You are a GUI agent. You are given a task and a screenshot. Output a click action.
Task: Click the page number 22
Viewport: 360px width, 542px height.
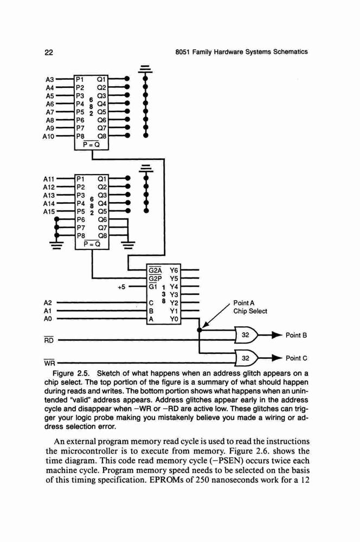(49, 53)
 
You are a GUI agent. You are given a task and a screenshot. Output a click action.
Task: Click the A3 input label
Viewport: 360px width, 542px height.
(50, 80)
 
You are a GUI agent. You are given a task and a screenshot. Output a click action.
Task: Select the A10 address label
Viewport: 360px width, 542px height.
(48, 137)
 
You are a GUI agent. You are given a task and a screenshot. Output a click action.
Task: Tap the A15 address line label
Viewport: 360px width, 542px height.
(49, 211)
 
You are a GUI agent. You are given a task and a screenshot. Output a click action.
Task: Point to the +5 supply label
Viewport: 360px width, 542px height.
(121, 287)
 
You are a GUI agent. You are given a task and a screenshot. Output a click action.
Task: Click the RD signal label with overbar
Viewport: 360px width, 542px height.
(49, 340)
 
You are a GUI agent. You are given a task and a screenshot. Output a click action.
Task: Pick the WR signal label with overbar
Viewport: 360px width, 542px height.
(49, 363)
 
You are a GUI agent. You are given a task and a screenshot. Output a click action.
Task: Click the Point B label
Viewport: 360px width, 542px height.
(296, 335)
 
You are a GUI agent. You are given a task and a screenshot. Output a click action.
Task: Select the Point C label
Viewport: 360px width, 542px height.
(297, 358)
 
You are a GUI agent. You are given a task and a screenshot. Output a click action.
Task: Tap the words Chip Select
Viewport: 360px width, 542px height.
(250, 311)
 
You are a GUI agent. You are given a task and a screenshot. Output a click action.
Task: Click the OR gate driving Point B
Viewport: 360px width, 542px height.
(246, 335)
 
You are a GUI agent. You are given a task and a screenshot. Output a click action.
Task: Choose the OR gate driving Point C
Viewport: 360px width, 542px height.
(246, 358)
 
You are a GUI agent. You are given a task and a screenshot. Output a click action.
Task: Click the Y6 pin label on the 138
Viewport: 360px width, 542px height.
(173, 270)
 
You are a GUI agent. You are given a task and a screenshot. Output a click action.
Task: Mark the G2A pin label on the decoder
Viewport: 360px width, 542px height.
(155, 270)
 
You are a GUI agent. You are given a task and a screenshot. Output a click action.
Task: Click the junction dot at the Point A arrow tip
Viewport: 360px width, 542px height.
(199, 330)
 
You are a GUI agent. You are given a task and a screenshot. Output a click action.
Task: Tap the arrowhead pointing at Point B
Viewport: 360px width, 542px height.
(278, 335)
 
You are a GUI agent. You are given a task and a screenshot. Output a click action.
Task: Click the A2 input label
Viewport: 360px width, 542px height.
(48, 303)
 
